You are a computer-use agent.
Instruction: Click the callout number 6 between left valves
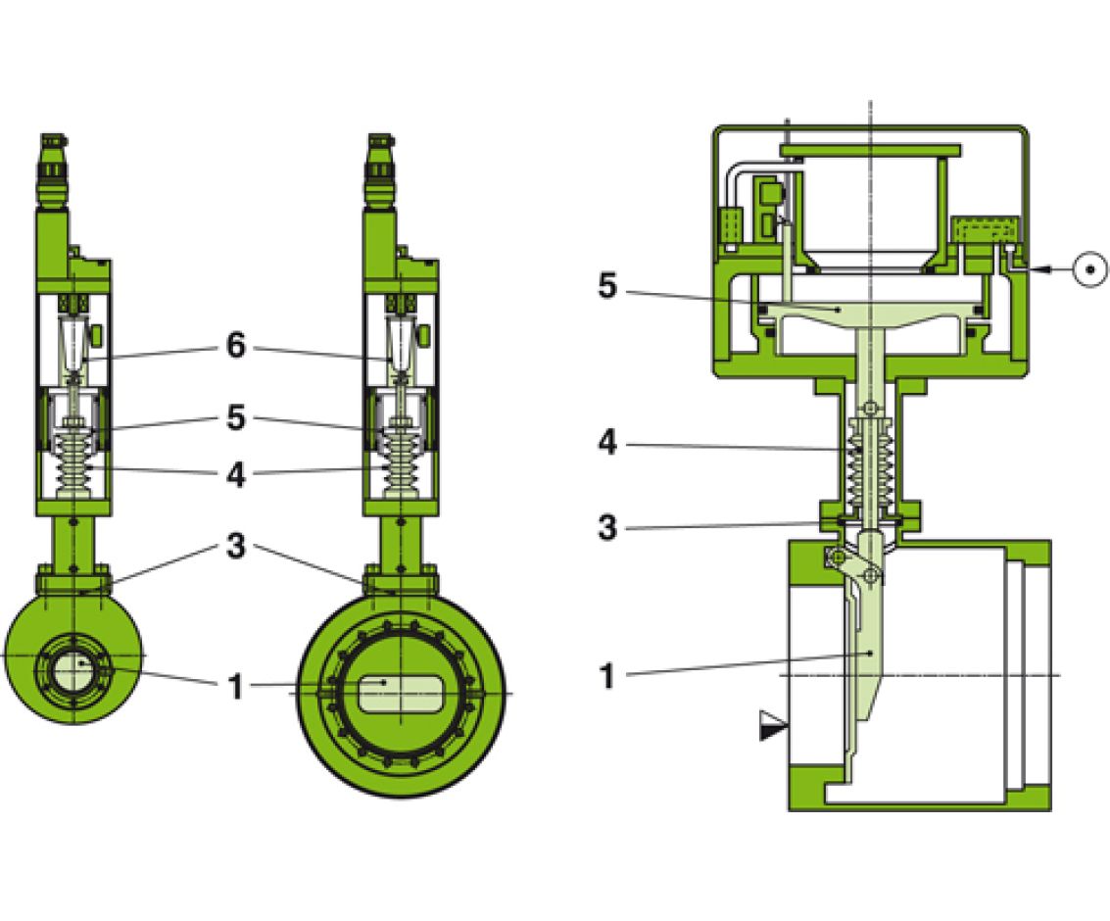click(235, 347)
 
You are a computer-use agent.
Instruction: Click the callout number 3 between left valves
click(235, 547)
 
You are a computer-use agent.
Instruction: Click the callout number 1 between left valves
click(235, 687)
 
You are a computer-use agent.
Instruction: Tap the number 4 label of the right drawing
click(607, 443)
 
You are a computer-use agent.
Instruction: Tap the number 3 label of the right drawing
click(607, 527)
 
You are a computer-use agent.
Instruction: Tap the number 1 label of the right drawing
click(607, 676)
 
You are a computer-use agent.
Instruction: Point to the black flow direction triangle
click(773, 726)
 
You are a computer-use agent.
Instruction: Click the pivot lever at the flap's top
click(857, 568)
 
